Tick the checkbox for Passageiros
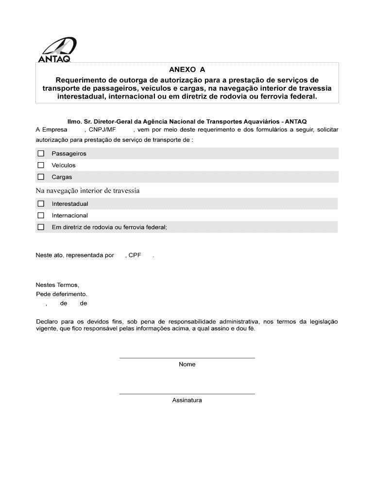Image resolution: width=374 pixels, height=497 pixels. coord(41,153)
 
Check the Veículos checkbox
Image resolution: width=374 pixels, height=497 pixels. coord(41,165)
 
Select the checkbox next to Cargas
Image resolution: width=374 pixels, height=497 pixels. coord(41,177)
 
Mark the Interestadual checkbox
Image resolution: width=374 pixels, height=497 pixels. coord(41,204)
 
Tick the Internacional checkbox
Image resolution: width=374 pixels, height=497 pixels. coord(41,215)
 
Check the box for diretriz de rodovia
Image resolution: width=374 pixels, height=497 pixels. coord(41,227)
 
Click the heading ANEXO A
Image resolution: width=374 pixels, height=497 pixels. coord(187,69)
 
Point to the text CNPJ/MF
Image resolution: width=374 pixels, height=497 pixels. coord(102,130)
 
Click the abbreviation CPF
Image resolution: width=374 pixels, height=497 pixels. coord(135,255)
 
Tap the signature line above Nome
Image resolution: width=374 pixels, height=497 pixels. coord(187,358)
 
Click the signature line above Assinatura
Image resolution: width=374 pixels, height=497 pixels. coord(187,394)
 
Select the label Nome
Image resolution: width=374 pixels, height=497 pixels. coord(187,364)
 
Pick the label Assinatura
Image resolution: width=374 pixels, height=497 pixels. coord(187,400)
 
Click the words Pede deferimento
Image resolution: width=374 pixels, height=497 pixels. coord(62,294)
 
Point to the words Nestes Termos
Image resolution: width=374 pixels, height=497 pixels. coord(57,285)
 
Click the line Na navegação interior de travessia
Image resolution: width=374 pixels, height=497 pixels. coord(88,191)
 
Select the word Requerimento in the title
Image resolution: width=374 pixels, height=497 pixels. coord(80,80)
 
